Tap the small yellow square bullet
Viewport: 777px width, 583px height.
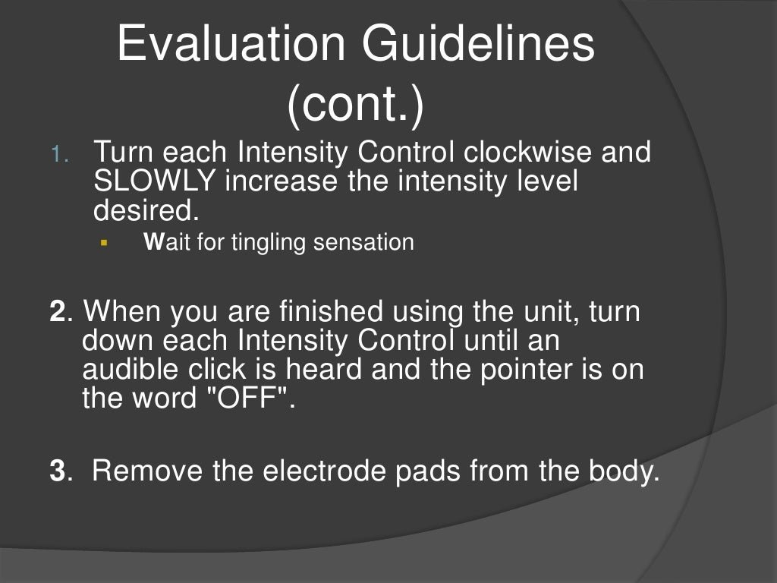pyautogui.click(x=104, y=244)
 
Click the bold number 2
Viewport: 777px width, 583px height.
pyautogui.click(x=57, y=312)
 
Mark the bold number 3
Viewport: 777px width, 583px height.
pyautogui.click(x=57, y=471)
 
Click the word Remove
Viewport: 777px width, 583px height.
pyautogui.click(x=149, y=471)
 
